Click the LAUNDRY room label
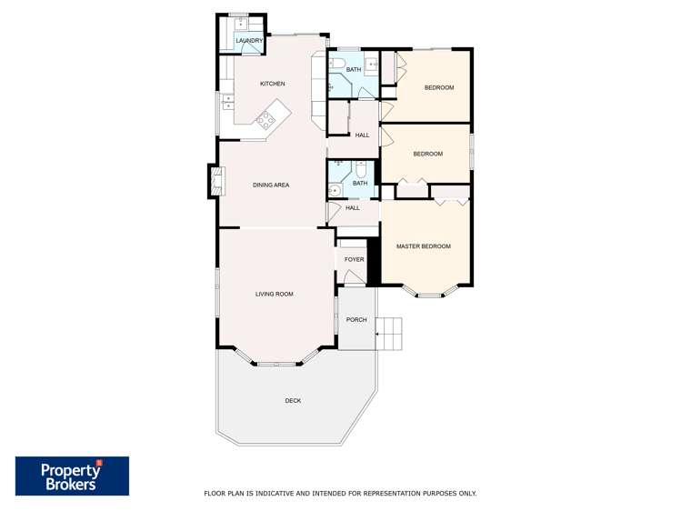(x=248, y=41)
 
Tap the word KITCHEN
(x=272, y=84)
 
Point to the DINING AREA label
(x=270, y=185)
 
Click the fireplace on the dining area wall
(x=215, y=180)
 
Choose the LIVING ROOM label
(x=274, y=294)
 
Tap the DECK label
(x=293, y=400)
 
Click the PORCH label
(x=356, y=319)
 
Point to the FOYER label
(x=354, y=259)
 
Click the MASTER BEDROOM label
(x=423, y=246)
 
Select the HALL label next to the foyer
(x=353, y=207)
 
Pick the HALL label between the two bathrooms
(x=362, y=135)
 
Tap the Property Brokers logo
(x=72, y=476)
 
